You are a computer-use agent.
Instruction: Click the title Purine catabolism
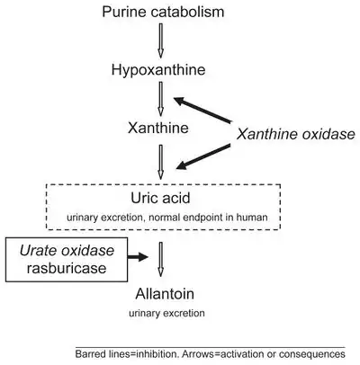(x=163, y=12)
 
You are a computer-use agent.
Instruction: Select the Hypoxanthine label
(x=158, y=70)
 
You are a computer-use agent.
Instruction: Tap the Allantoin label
(x=165, y=294)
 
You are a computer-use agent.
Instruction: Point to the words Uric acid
(x=160, y=198)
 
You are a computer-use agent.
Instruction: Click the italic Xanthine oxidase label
(x=296, y=134)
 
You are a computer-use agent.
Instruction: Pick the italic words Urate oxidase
(x=67, y=251)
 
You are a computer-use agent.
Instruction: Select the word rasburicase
(x=67, y=268)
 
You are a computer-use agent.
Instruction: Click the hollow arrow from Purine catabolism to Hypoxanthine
(x=160, y=40)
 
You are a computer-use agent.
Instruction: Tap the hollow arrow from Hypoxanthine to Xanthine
(x=160, y=99)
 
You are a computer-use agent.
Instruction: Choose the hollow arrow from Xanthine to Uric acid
(x=160, y=162)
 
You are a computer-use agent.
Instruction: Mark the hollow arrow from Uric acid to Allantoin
(x=160, y=259)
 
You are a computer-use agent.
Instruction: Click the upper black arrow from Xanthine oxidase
(x=202, y=110)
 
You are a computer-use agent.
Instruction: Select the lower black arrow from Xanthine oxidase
(x=203, y=156)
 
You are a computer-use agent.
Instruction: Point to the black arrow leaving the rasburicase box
(x=138, y=257)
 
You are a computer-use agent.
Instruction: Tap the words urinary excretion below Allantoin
(x=166, y=314)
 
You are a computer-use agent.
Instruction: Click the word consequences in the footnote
(x=312, y=354)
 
